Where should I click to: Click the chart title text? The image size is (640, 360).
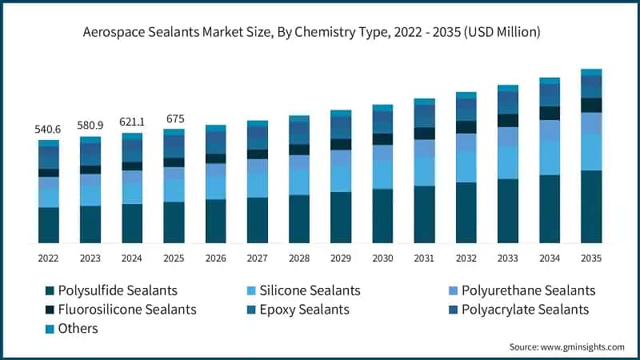point(320,32)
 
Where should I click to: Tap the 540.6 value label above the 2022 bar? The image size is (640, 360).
point(49,129)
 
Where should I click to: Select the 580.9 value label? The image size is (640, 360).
point(90,126)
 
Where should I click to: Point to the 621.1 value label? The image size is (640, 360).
point(132,122)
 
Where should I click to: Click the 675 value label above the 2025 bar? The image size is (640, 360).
point(174,118)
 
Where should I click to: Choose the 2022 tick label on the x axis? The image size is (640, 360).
point(49,258)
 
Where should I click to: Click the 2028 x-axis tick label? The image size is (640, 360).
point(299,258)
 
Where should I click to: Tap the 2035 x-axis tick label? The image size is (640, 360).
point(591,258)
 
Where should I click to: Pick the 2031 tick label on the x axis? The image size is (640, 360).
point(424,258)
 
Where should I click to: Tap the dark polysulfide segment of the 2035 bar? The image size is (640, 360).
point(591,206)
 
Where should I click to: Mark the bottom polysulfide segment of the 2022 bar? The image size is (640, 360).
point(49,225)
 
